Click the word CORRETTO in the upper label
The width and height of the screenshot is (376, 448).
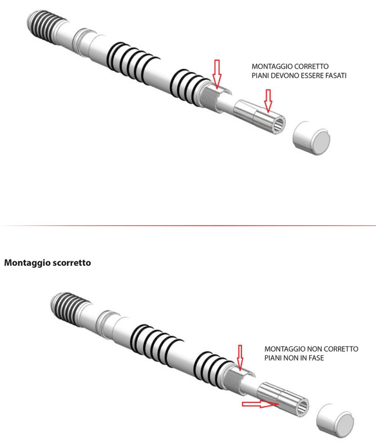[x=311, y=66]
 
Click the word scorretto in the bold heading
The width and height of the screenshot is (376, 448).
[x=71, y=263]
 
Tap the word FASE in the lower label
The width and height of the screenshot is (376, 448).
[x=316, y=358]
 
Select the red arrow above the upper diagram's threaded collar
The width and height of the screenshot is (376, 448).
[x=217, y=74]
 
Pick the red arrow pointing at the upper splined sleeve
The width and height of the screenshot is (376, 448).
[x=268, y=100]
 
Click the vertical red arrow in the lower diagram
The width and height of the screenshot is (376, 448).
[x=240, y=358]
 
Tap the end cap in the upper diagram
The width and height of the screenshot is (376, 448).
[x=311, y=138]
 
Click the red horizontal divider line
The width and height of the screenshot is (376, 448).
[x=188, y=226]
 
